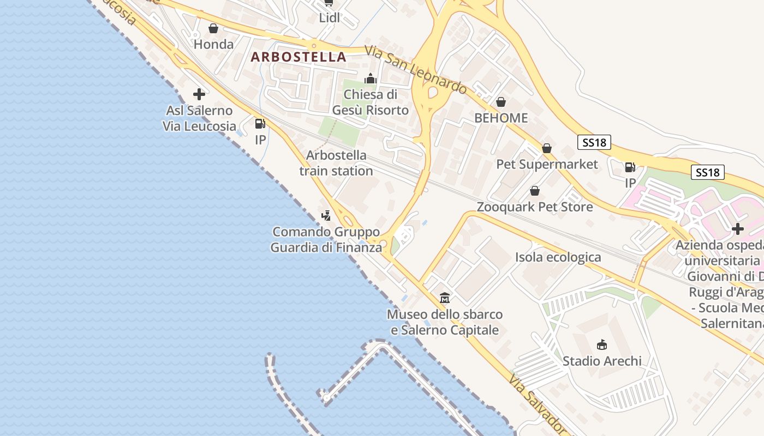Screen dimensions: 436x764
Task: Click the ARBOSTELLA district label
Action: (x=299, y=57)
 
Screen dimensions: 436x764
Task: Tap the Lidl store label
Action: (x=330, y=17)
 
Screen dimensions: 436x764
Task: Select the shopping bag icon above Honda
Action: (x=213, y=28)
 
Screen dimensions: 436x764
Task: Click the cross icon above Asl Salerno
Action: (x=199, y=94)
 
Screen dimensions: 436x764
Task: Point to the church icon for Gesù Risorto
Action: (x=371, y=78)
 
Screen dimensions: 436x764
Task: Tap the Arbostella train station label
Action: (x=336, y=163)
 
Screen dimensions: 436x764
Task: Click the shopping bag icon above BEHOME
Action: (x=501, y=102)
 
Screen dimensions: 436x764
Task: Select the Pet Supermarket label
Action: (x=547, y=164)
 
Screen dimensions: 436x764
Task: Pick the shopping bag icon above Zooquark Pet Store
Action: (x=535, y=191)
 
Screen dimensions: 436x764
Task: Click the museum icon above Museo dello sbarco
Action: (x=445, y=298)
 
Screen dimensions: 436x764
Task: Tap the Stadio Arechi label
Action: (x=602, y=361)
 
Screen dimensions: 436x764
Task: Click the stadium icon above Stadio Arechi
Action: (x=602, y=344)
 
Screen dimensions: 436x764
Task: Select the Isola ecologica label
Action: (x=558, y=257)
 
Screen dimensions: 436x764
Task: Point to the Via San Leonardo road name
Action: (x=416, y=69)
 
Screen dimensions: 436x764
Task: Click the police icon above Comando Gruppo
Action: (x=326, y=215)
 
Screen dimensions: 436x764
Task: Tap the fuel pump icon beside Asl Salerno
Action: (x=260, y=124)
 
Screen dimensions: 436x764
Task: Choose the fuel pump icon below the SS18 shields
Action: (x=630, y=167)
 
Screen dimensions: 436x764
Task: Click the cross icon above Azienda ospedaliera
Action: (x=738, y=229)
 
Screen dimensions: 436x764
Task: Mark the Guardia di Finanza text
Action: (x=326, y=247)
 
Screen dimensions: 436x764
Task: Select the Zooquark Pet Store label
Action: (x=535, y=207)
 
